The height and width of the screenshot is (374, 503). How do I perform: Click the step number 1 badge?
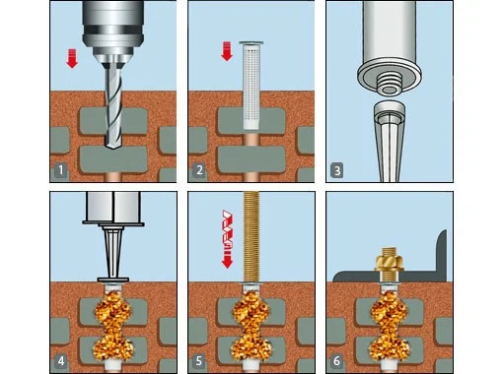click(60, 170)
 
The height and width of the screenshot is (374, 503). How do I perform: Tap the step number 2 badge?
click(199, 170)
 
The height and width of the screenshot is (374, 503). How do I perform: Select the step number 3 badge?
click(337, 170)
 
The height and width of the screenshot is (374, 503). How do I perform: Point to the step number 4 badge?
click(60, 361)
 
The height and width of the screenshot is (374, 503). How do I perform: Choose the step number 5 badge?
click(199, 361)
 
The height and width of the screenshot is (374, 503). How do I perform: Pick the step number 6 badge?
click(336, 361)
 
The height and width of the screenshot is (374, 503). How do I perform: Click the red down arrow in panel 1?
click(72, 58)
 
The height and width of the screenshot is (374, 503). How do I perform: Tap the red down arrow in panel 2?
click(227, 51)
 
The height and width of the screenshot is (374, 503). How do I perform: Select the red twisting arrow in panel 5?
click(228, 239)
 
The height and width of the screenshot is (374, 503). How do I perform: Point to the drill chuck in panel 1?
click(113, 31)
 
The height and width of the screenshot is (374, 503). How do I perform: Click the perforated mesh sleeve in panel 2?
click(251, 86)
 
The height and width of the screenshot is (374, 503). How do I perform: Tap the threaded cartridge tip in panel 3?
click(390, 85)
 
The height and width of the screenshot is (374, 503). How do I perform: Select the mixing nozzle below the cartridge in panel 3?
click(390, 141)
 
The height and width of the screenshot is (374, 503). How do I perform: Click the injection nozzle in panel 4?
click(113, 254)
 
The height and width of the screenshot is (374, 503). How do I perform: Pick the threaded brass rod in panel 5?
click(251, 237)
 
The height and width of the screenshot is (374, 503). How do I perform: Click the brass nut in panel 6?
click(390, 262)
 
